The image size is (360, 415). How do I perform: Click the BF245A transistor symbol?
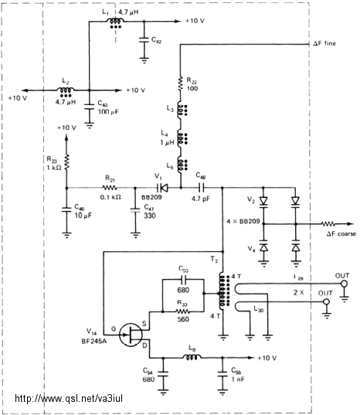click(x=131, y=335)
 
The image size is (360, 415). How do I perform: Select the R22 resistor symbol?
click(x=181, y=83)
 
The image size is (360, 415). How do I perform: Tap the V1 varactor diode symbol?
click(x=162, y=188)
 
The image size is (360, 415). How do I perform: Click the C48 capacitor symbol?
click(x=201, y=188)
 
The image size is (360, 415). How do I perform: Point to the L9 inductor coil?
click(x=192, y=358)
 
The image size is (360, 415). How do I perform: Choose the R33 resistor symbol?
click(x=182, y=311)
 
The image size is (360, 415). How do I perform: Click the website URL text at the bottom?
click(x=69, y=398)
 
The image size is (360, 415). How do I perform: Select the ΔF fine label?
click(x=324, y=43)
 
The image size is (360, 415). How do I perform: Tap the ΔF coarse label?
click(x=341, y=233)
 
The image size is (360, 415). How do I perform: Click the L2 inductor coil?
click(x=66, y=90)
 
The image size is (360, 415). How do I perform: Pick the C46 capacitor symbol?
click(x=66, y=209)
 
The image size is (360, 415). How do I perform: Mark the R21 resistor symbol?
click(x=110, y=188)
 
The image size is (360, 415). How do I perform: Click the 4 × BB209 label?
click(x=243, y=221)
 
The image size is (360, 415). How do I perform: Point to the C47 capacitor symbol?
click(x=135, y=210)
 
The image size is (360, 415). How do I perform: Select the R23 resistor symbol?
click(x=66, y=162)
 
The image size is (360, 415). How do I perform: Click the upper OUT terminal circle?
click(x=344, y=284)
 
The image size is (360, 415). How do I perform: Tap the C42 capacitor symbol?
click(x=144, y=40)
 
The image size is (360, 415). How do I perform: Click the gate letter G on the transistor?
click(x=114, y=329)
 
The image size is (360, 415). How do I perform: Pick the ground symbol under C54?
click(x=163, y=392)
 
